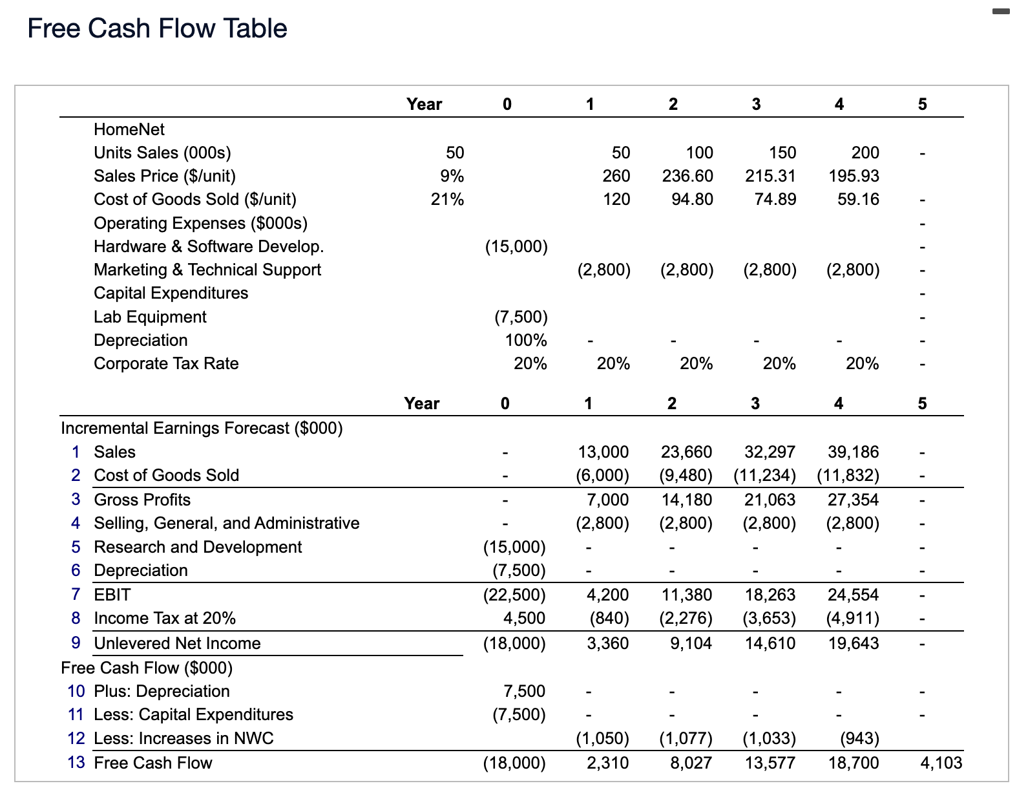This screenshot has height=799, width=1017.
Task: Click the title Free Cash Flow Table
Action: point(157,28)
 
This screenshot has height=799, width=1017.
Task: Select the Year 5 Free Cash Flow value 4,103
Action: point(941,763)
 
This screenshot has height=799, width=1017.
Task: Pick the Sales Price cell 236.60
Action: point(687,176)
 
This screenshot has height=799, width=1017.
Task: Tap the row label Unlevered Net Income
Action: point(177,643)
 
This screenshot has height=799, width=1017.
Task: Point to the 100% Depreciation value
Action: point(525,340)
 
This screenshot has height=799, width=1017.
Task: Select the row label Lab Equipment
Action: point(150,317)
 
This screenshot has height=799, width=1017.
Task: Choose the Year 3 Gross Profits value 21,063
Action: point(770,500)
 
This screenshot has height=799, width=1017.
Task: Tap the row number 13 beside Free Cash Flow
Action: point(76,763)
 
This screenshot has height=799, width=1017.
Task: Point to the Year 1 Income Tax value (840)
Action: point(609,618)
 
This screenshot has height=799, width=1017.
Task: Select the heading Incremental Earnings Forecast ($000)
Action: point(202,428)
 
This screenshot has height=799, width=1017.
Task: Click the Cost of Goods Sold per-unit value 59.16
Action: point(858,199)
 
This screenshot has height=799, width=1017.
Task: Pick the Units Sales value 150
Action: point(782,153)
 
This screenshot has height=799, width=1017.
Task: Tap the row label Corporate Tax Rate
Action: point(166,363)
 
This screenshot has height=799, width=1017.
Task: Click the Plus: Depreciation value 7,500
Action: point(524,691)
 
